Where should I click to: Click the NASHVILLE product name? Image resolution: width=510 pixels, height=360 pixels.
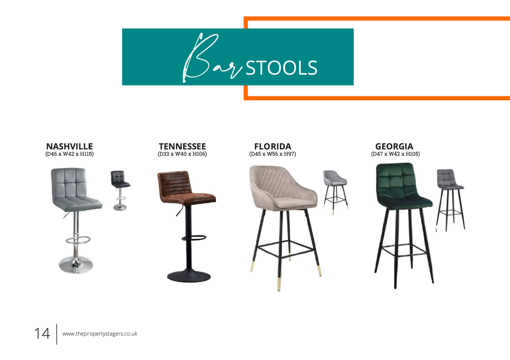coord(70,146)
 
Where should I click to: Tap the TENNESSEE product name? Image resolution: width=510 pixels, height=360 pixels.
coord(182,146)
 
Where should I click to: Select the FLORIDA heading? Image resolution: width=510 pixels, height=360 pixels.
coord(273,146)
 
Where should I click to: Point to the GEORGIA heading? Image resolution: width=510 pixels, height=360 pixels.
coord(394,146)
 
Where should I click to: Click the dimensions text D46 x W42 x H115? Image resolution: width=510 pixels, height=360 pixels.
coord(70,154)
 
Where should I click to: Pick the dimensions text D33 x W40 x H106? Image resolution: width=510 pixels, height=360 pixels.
coord(182,154)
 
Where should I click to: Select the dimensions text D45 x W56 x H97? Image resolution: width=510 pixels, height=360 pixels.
coord(273,154)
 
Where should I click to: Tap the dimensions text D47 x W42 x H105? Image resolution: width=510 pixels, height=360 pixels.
coord(396,154)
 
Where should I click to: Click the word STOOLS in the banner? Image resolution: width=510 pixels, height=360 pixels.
coord(281,68)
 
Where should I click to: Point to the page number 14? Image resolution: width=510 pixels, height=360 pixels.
coord(42,334)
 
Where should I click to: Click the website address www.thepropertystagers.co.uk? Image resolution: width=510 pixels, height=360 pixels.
coord(100,334)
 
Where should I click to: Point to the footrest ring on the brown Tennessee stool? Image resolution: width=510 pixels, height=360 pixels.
coord(194,238)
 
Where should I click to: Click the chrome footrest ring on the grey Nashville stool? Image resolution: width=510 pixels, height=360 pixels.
coord(78,239)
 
